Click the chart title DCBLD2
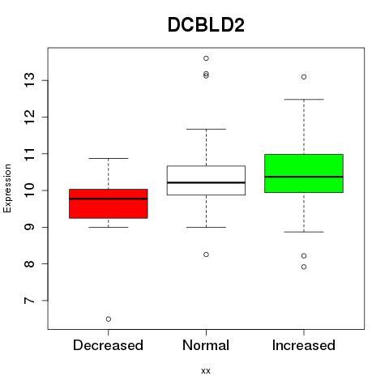[206, 25]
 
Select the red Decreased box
[109, 203]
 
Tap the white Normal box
[206, 180]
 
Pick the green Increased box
[304, 173]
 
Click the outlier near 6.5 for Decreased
[109, 319]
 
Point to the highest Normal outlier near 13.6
[206, 58]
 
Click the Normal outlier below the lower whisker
[206, 254]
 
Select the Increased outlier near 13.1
[304, 77]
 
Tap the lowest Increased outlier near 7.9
[304, 267]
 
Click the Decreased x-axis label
[108, 345]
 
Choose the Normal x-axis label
[206, 345]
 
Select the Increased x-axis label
[304, 345]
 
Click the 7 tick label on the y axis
[30, 301]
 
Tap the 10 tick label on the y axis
[30, 190]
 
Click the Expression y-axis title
[7, 188]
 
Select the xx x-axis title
[206, 371]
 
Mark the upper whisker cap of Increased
[304, 100]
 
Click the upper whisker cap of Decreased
[109, 158]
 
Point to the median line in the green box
[304, 177]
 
